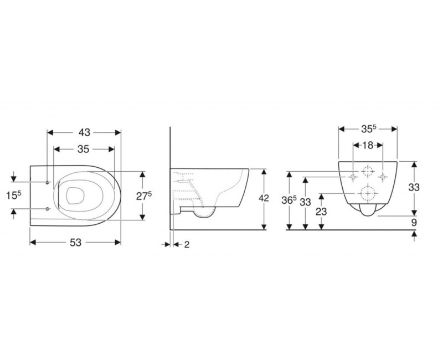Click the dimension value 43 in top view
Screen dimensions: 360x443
84,132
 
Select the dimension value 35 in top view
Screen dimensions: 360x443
83,149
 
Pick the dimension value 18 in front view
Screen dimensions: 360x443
367,146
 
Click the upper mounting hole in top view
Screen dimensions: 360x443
48,182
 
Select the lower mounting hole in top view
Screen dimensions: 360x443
48,208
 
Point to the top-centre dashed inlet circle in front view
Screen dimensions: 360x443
367,171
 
